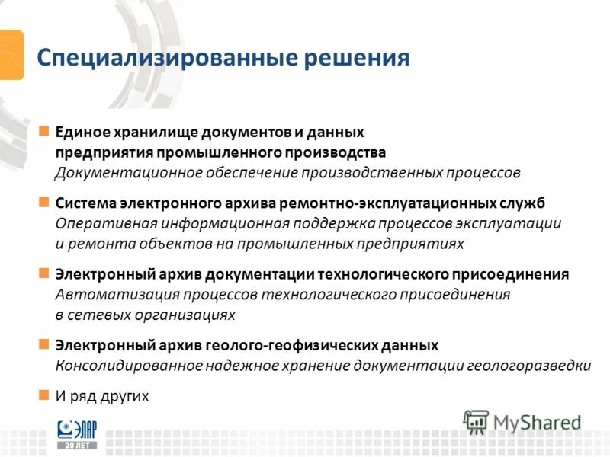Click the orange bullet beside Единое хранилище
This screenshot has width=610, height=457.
click(44, 131)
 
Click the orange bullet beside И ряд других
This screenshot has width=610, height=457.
click(44, 395)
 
